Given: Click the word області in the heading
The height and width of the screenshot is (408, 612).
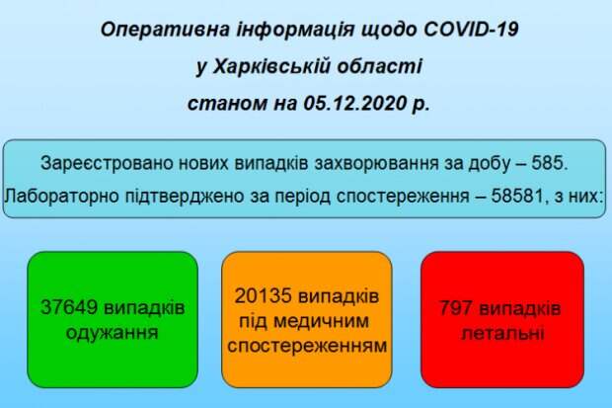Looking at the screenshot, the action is point(379,67).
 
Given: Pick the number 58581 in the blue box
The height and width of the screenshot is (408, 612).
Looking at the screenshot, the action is point(517,196).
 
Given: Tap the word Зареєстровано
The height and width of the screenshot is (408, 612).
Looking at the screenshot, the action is point(107,164).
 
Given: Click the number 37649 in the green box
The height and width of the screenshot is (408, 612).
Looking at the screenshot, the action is point(69,307).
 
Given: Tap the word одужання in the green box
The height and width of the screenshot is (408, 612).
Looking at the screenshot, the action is point(112,333).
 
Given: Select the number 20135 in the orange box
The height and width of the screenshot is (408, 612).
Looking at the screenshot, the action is point(264,295).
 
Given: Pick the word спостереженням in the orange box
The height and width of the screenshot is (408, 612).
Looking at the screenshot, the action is point(307,346).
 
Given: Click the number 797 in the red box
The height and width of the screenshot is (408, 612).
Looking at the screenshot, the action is point(456,308).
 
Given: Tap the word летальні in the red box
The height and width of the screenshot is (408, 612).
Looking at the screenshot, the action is point(502,333).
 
